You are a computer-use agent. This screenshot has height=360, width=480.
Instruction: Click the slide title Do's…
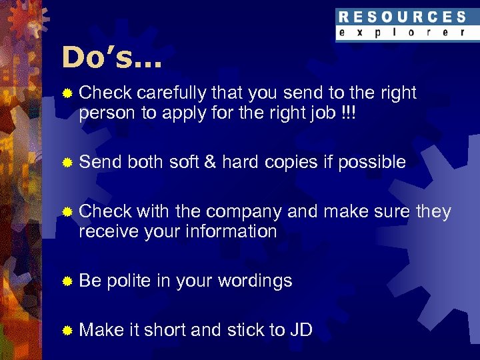point(111,58)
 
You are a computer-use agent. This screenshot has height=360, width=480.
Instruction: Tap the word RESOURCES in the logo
point(402,17)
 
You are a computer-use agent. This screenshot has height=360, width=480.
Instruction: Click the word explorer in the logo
point(402,32)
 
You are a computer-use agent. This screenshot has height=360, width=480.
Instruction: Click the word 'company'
point(244,212)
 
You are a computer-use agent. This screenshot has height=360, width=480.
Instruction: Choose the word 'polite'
point(128,281)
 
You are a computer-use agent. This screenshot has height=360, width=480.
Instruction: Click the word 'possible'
point(372,163)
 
